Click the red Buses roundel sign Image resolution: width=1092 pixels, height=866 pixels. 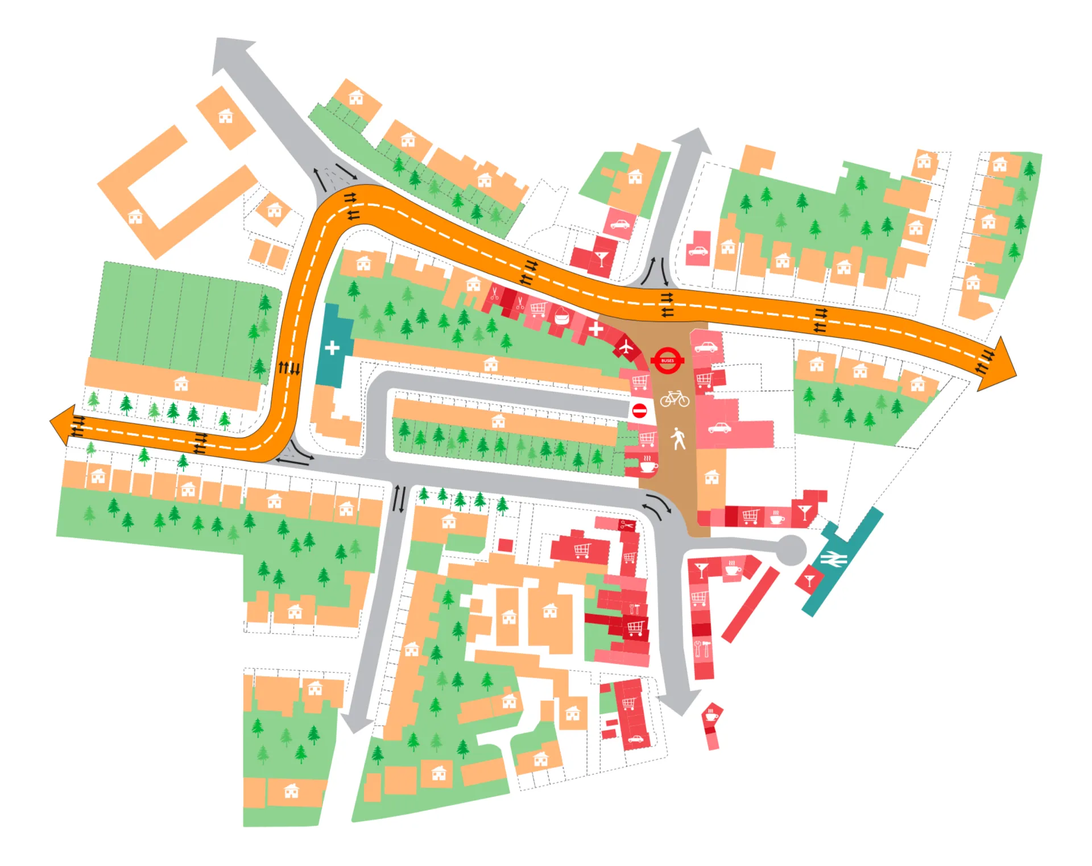667,361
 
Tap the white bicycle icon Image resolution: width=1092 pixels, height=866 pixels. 675,399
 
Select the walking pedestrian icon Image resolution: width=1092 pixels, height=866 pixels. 678,438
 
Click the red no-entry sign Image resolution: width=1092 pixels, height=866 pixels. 640,410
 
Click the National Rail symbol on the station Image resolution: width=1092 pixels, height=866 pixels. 833,559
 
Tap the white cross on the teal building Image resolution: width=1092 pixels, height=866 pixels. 332,347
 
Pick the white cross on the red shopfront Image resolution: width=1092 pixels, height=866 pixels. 595,329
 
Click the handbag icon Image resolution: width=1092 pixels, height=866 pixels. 561,316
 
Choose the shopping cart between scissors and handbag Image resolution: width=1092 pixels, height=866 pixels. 538,309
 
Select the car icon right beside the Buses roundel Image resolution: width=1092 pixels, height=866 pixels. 706,347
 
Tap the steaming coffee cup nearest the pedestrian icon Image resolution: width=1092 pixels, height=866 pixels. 647,465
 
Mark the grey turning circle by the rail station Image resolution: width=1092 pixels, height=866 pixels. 791,550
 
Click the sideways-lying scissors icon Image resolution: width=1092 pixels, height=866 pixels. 626,525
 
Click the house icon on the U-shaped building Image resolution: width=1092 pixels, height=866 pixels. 135,217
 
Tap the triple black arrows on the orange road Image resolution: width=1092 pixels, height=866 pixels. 289,368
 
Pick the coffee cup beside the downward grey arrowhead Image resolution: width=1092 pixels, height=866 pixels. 711,715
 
